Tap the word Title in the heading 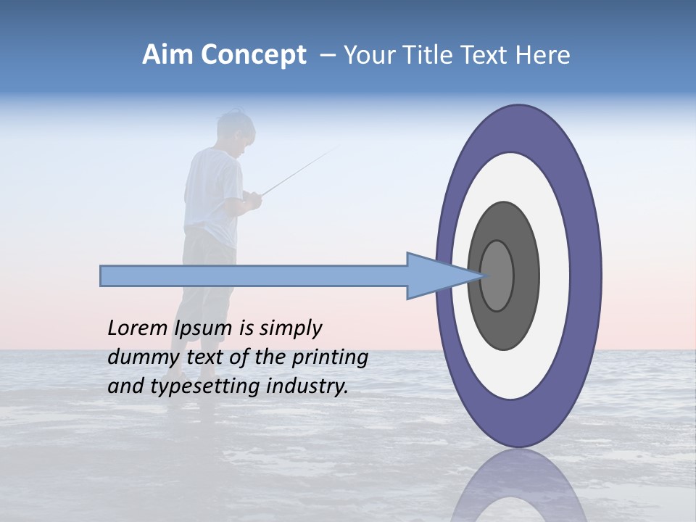coord(431,55)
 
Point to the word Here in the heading coord(544,55)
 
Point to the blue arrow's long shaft coord(254,276)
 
